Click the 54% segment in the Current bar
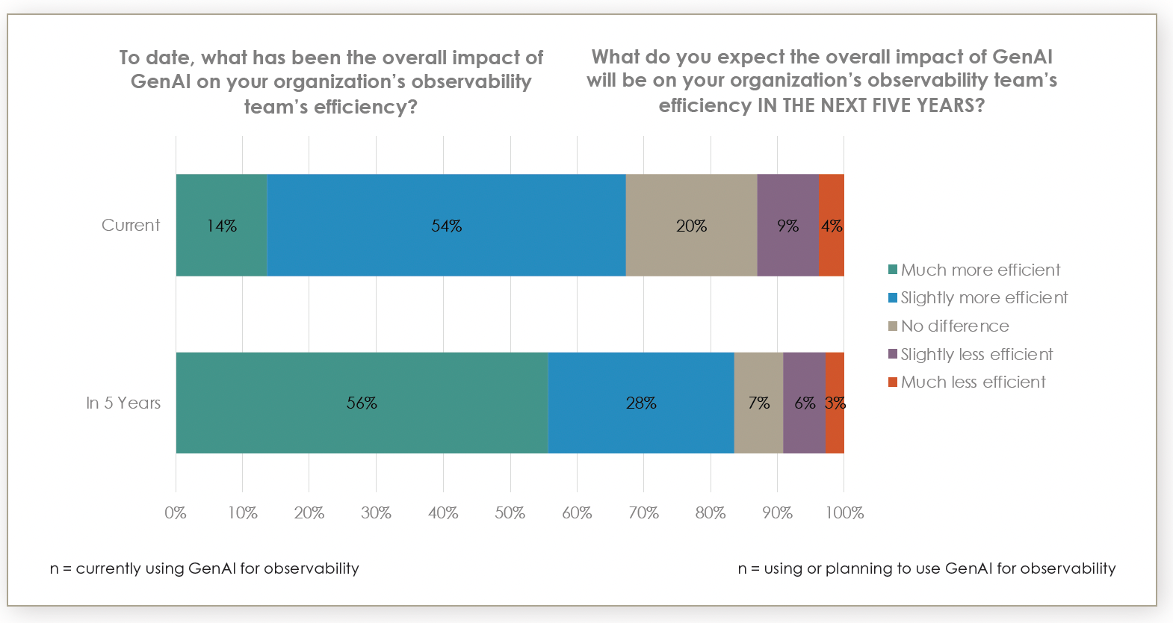(x=446, y=226)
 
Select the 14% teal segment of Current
(x=221, y=226)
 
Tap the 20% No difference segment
(x=691, y=226)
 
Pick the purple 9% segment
(x=787, y=226)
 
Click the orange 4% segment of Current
(x=832, y=226)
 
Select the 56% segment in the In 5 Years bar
(x=362, y=403)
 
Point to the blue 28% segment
(x=641, y=403)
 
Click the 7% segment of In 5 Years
(x=758, y=403)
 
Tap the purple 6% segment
(x=805, y=403)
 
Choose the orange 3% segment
(x=835, y=403)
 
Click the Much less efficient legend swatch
(x=892, y=382)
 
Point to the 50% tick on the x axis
(x=510, y=512)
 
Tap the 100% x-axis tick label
(x=844, y=512)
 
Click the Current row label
(x=131, y=225)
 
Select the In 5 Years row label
(x=123, y=403)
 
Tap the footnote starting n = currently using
(x=204, y=568)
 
